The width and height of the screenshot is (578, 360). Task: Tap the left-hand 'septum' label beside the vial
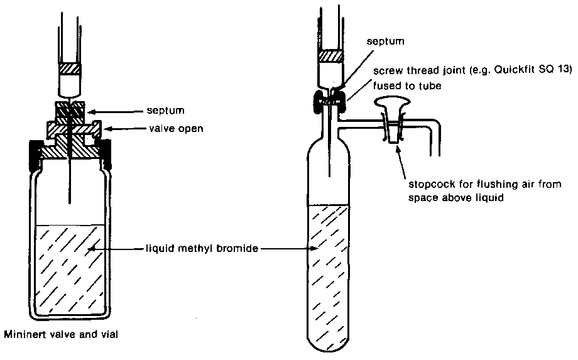tap(168, 111)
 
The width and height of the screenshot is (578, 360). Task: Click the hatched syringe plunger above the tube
tap(331, 55)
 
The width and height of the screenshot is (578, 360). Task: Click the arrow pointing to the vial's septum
tap(119, 111)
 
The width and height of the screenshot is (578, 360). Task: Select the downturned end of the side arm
tap(434, 145)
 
